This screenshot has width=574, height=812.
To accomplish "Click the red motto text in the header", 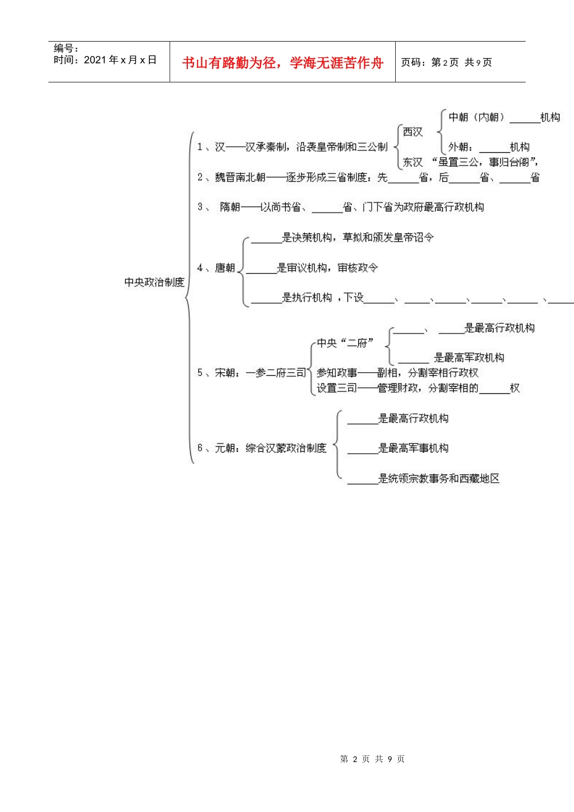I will click(282, 63).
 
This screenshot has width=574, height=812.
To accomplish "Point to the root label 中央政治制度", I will click(154, 282).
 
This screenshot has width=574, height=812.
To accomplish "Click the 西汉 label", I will click(413, 132).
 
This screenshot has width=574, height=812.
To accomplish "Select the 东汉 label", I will click(413, 162).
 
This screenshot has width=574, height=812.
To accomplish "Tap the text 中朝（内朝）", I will click(477, 117).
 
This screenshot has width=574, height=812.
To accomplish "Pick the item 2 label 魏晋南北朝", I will click(240, 177).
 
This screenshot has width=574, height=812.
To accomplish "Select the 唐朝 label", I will click(225, 268).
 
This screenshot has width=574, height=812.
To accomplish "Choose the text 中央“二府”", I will click(346, 343).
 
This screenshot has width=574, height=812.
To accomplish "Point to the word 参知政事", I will click(337, 373).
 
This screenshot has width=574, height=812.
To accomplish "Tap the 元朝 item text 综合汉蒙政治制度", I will click(286, 448).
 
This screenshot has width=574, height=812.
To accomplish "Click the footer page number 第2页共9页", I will click(372, 759).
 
